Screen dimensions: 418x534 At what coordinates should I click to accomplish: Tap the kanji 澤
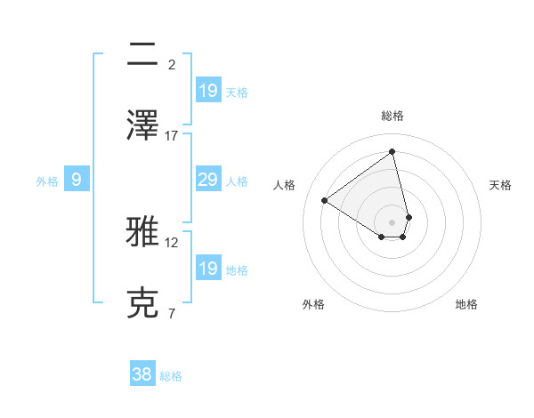click(x=142, y=125)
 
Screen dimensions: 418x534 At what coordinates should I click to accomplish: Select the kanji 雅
click(x=142, y=232)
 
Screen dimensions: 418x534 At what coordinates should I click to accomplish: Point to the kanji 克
click(x=142, y=303)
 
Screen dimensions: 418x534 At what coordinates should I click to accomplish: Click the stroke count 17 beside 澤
click(x=172, y=135)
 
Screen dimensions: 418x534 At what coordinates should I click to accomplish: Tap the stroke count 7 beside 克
click(x=172, y=313)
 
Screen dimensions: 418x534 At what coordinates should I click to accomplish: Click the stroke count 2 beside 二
click(x=172, y=64)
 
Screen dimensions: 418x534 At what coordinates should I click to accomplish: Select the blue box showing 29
click(x=207, y=181)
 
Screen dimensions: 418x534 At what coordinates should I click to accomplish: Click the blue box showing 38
click(x=142, y=374)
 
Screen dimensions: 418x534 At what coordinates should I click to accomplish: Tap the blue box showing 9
click(x=77, y=181)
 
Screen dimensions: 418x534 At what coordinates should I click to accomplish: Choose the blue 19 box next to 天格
click(x=207, y=90)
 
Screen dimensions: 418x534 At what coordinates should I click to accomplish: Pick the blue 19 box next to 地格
click(x=207, y=269)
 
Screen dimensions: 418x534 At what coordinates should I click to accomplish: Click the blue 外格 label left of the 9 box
click(x=47, y=181)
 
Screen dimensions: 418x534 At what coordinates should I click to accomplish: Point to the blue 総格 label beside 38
click(x=171, y=376)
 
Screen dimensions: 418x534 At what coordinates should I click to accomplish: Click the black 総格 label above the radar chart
click(x=392, y=116)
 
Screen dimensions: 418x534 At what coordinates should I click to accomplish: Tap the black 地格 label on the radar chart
click(x=466, y=304)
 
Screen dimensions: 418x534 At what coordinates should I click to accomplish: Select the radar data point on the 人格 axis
click(x=325, y=200)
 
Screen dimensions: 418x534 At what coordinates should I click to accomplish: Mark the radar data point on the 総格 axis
click(x=392, y=151)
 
